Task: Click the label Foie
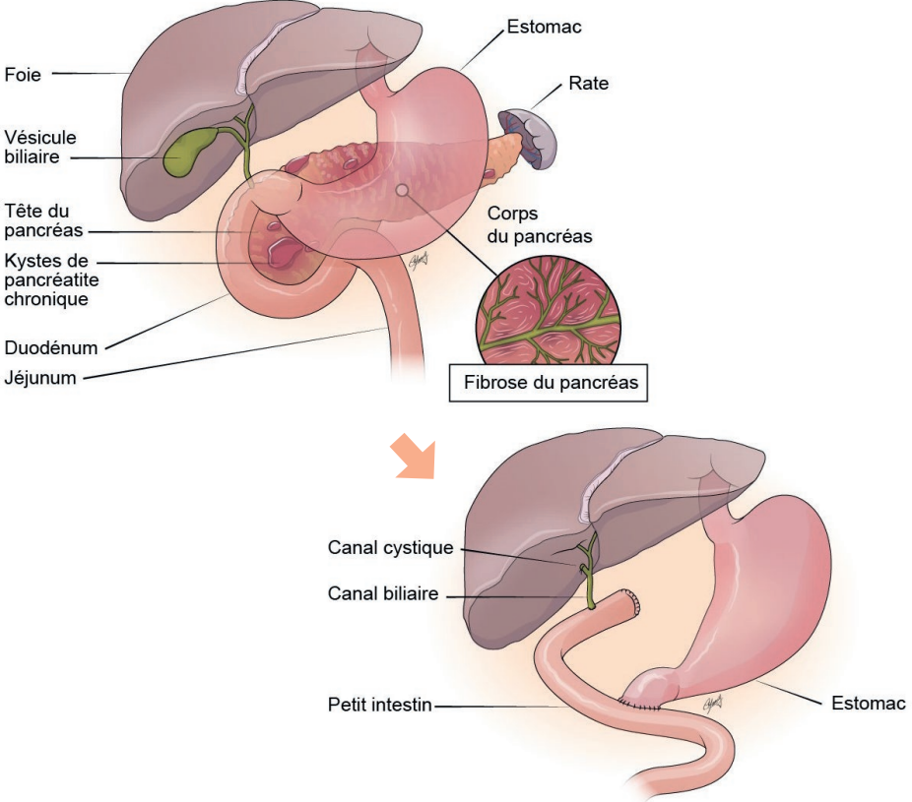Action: coord(23,73)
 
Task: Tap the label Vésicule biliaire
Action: coord(40,147)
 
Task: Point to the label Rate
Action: coord(588,84)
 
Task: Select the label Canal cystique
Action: coord(390,548)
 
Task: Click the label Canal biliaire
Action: coord(382,594)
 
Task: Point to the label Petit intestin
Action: coord(380,705)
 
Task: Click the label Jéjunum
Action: coord(40,376)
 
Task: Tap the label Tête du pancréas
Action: coord(43,220)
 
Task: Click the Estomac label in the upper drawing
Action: coord(544,27)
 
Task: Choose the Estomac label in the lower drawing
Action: coord(866,703)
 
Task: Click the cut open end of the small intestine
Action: coord(631,603)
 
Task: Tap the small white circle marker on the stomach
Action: coord(401,189)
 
